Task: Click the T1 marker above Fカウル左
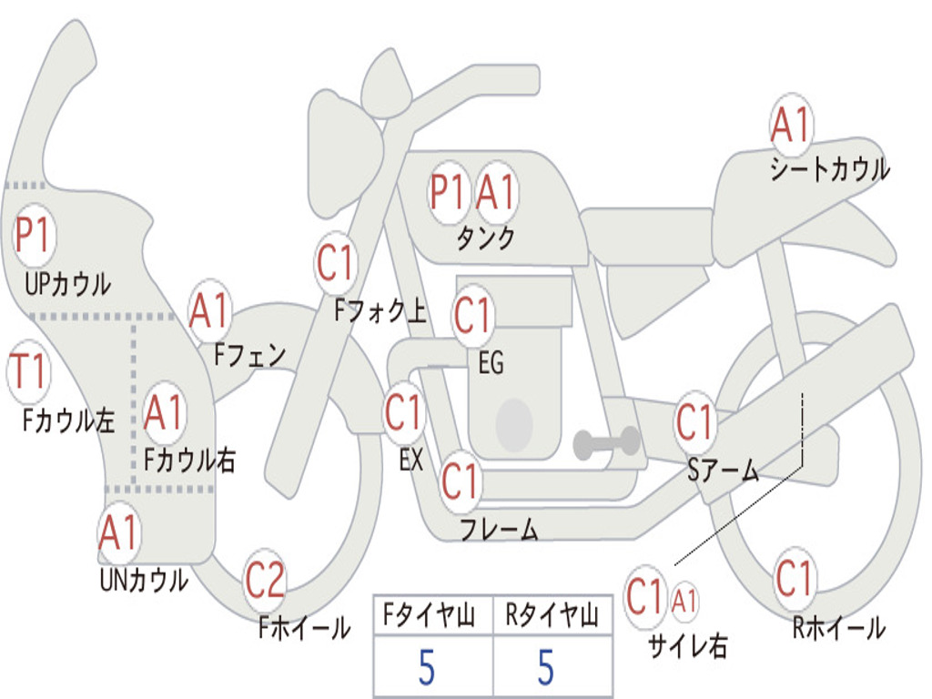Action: (28, 371)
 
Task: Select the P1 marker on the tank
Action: (447, 191)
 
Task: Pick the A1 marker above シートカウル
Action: (791, 125)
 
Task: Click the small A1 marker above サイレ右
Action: (684, 601)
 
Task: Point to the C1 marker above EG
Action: (473, 316)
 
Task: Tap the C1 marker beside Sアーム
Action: (694, 421)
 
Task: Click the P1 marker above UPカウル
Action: (34, 235)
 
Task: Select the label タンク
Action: (486, 238)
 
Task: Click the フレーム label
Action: (500, 529)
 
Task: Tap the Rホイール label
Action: (838, 628)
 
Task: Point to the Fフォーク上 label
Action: (380, 310)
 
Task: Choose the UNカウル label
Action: (144, 581)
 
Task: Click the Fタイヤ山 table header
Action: (429, 615)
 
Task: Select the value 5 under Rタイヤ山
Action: (546, 667)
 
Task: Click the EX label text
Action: (410, 460)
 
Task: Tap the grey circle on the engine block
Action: (513, 424)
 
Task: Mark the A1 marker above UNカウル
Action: (119, 532)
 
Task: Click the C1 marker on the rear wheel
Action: (794, 578)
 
